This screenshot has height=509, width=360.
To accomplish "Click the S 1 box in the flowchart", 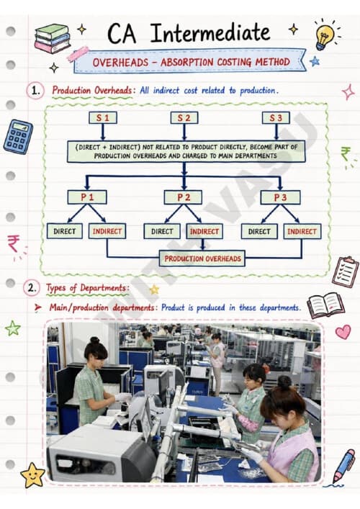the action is [103, 118].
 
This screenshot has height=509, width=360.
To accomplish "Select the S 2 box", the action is [184, 118].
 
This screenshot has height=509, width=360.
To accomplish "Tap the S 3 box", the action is [276, 118].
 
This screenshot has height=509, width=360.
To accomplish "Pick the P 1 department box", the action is [87, 197].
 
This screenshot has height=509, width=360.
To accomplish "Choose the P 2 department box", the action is [183, 197].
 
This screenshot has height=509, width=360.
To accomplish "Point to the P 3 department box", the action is [280, 197].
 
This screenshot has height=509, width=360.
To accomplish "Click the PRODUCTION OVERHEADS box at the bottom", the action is [202, 258].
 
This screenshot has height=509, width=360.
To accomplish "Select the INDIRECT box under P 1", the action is [107, 231].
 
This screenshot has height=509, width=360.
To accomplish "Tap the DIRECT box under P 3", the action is [259, 231].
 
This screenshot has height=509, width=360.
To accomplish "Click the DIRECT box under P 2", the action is [162, 231].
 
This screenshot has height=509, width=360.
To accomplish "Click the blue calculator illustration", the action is [18, 137].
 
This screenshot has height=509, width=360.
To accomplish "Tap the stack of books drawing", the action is [53, 38].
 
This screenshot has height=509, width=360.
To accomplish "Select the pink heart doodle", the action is [343, 332].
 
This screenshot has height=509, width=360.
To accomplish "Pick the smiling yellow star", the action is [32, 475].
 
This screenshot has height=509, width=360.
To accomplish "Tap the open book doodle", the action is [325, 305].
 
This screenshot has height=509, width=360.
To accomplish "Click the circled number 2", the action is [32, 287].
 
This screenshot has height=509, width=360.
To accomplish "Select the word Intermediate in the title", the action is [210, 33].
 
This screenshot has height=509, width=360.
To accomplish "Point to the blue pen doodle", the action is [343, 466].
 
